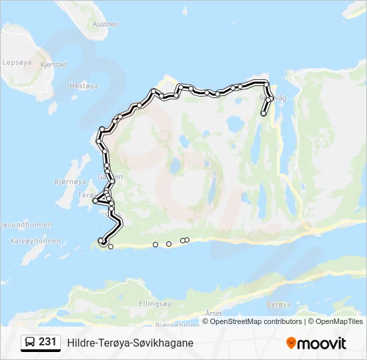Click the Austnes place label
click(x=105, y=24)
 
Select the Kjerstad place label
click(x=53, y=65)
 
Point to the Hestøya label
click(x=83, y=85)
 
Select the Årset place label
click(x=214, y=313)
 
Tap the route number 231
click(x=47, y=342)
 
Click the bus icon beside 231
click(x=31, y=342)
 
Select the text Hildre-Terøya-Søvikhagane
click(x=130, y=343)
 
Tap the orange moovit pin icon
click(x=291, y=343)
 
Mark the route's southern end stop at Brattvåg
click(x=264, y=114)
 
